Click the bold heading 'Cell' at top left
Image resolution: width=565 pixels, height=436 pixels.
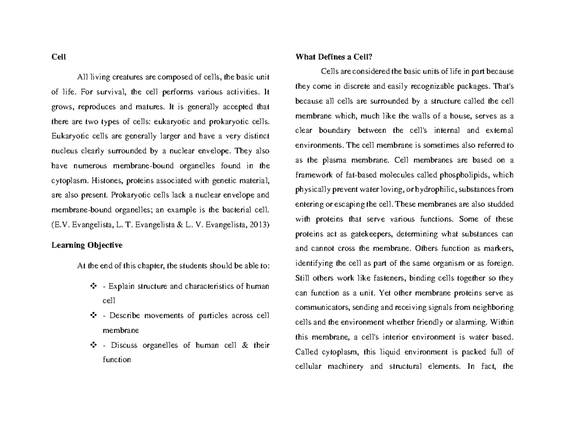click(58, 57)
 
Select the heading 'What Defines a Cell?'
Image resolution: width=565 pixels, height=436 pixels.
click(333, 57)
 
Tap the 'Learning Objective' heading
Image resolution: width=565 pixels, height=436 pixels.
click(87, 245)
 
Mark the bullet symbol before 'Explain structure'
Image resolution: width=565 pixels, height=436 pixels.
click(92, 286)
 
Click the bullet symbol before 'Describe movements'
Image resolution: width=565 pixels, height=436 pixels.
click(92, 316)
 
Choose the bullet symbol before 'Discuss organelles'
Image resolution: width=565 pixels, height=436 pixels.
click(92, 345)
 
